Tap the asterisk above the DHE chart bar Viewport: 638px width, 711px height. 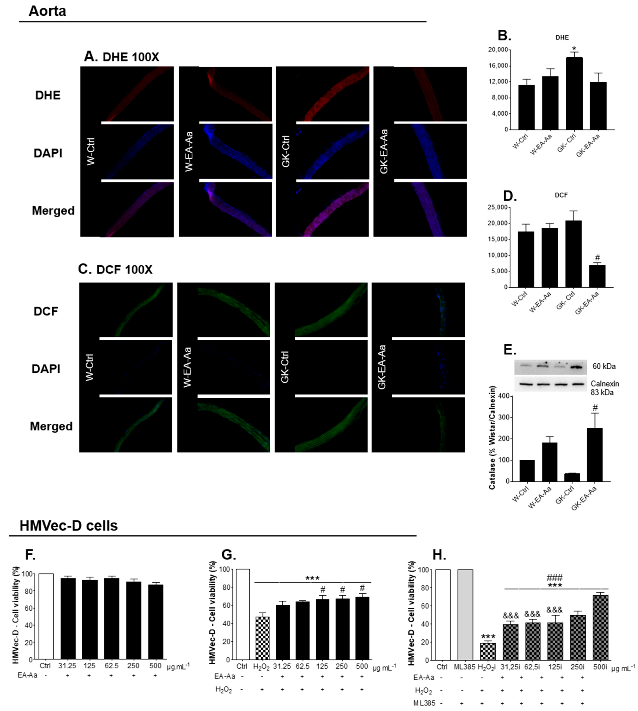click(574, 48)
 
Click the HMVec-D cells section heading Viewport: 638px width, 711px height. click(69, 526)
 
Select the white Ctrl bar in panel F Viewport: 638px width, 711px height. click(46, 617)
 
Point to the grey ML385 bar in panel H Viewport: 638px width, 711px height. click(465, 615)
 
